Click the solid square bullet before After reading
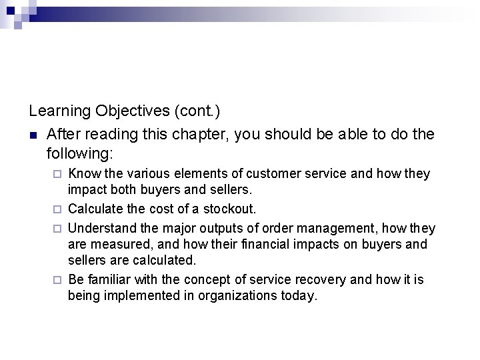click(x=33, y=135)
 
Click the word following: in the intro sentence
click(x=81, y=154)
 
